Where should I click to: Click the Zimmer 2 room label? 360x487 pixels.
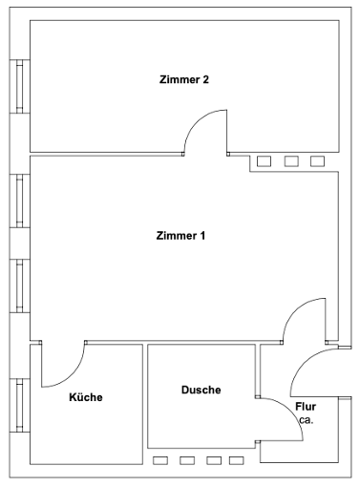pos(184,79)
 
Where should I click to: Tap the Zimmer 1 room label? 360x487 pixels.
pos(180,236)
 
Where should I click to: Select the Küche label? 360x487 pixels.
pos(86,397)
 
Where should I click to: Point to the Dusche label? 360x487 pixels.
pos(201,390)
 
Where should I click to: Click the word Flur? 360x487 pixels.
pos(306,407)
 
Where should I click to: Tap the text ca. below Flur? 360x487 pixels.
pos(307,420)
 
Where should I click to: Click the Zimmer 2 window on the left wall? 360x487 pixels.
pos(20,86)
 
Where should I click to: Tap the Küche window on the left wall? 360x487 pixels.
pos(20,405)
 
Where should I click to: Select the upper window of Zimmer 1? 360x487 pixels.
pos(20,201)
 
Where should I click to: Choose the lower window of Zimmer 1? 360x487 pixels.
pos(20,286)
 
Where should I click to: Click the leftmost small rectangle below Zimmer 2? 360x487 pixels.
pos(265,161)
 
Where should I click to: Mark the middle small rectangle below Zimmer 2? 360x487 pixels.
pos(291,161)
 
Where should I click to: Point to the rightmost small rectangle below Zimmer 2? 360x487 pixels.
pos(318,161)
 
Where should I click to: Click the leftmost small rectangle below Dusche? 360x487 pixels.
pos(160,460)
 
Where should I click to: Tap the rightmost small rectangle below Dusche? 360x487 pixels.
pos(237,460)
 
